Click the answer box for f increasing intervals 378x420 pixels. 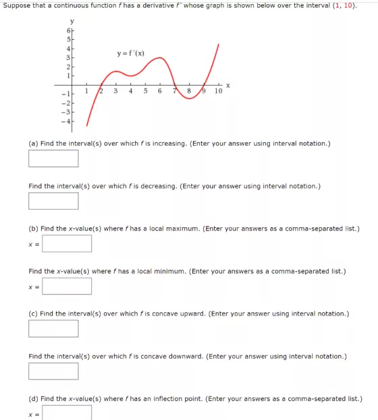[x=53, y=158]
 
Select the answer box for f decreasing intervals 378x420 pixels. [x=53, y=201]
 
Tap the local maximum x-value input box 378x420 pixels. [x=67, y=243]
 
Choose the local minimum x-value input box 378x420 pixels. [x=67, y=286]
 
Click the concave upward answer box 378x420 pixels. [x=53, y=328]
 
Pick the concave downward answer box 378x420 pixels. [x=53, y=371]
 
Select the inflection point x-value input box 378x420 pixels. [x=67, y=412]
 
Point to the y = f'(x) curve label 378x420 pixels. [x=130, y=53]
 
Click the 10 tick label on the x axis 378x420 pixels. [x=218, y=91]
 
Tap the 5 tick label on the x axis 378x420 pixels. [x=145, y=91]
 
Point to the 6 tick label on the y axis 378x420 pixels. [x=67, y=32]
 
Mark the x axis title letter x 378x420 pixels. [x=228, y=85]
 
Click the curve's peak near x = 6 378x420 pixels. [x=161, y=59]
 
